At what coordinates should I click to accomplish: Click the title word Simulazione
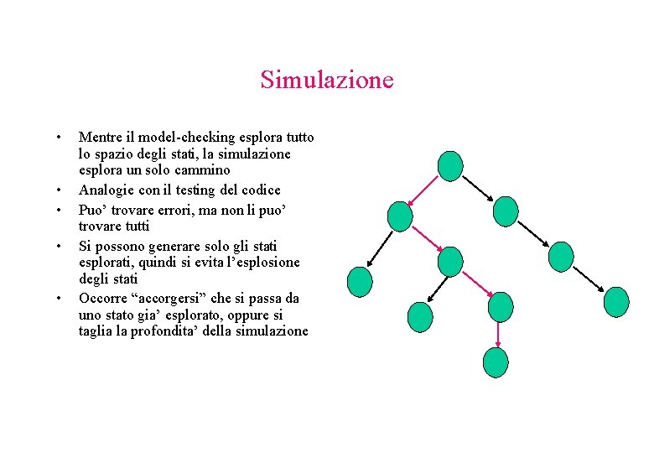pyautogui.click(x=326, y=81)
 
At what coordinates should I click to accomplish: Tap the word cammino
pyautogui.click(x=203, y=171)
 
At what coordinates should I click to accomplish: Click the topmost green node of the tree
pyautogui.click(x=451, y=166)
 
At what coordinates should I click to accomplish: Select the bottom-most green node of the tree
pyautogui.click(x=496, y=362)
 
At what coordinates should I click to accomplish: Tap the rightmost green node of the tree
pyautogui.click(x=616, y=301)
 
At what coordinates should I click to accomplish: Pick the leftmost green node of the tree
pyautogui.click(x=360, y=282)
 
